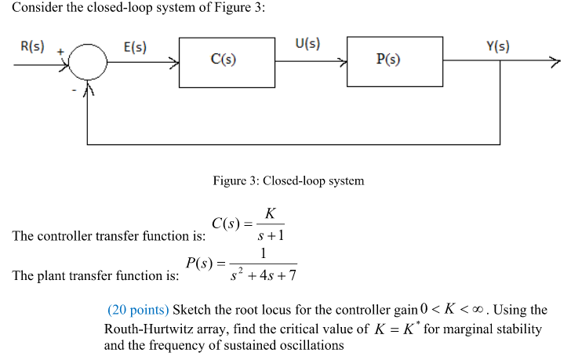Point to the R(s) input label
click(x=32, y=45)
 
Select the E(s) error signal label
click(x=135, y=46)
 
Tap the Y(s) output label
click(x=497, y=45)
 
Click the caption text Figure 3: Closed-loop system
click(x=289, y=180)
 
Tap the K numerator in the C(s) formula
click(x=270, y=213)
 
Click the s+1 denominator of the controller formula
click(x=270, y=235)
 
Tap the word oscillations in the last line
click(x=311, y=346)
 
